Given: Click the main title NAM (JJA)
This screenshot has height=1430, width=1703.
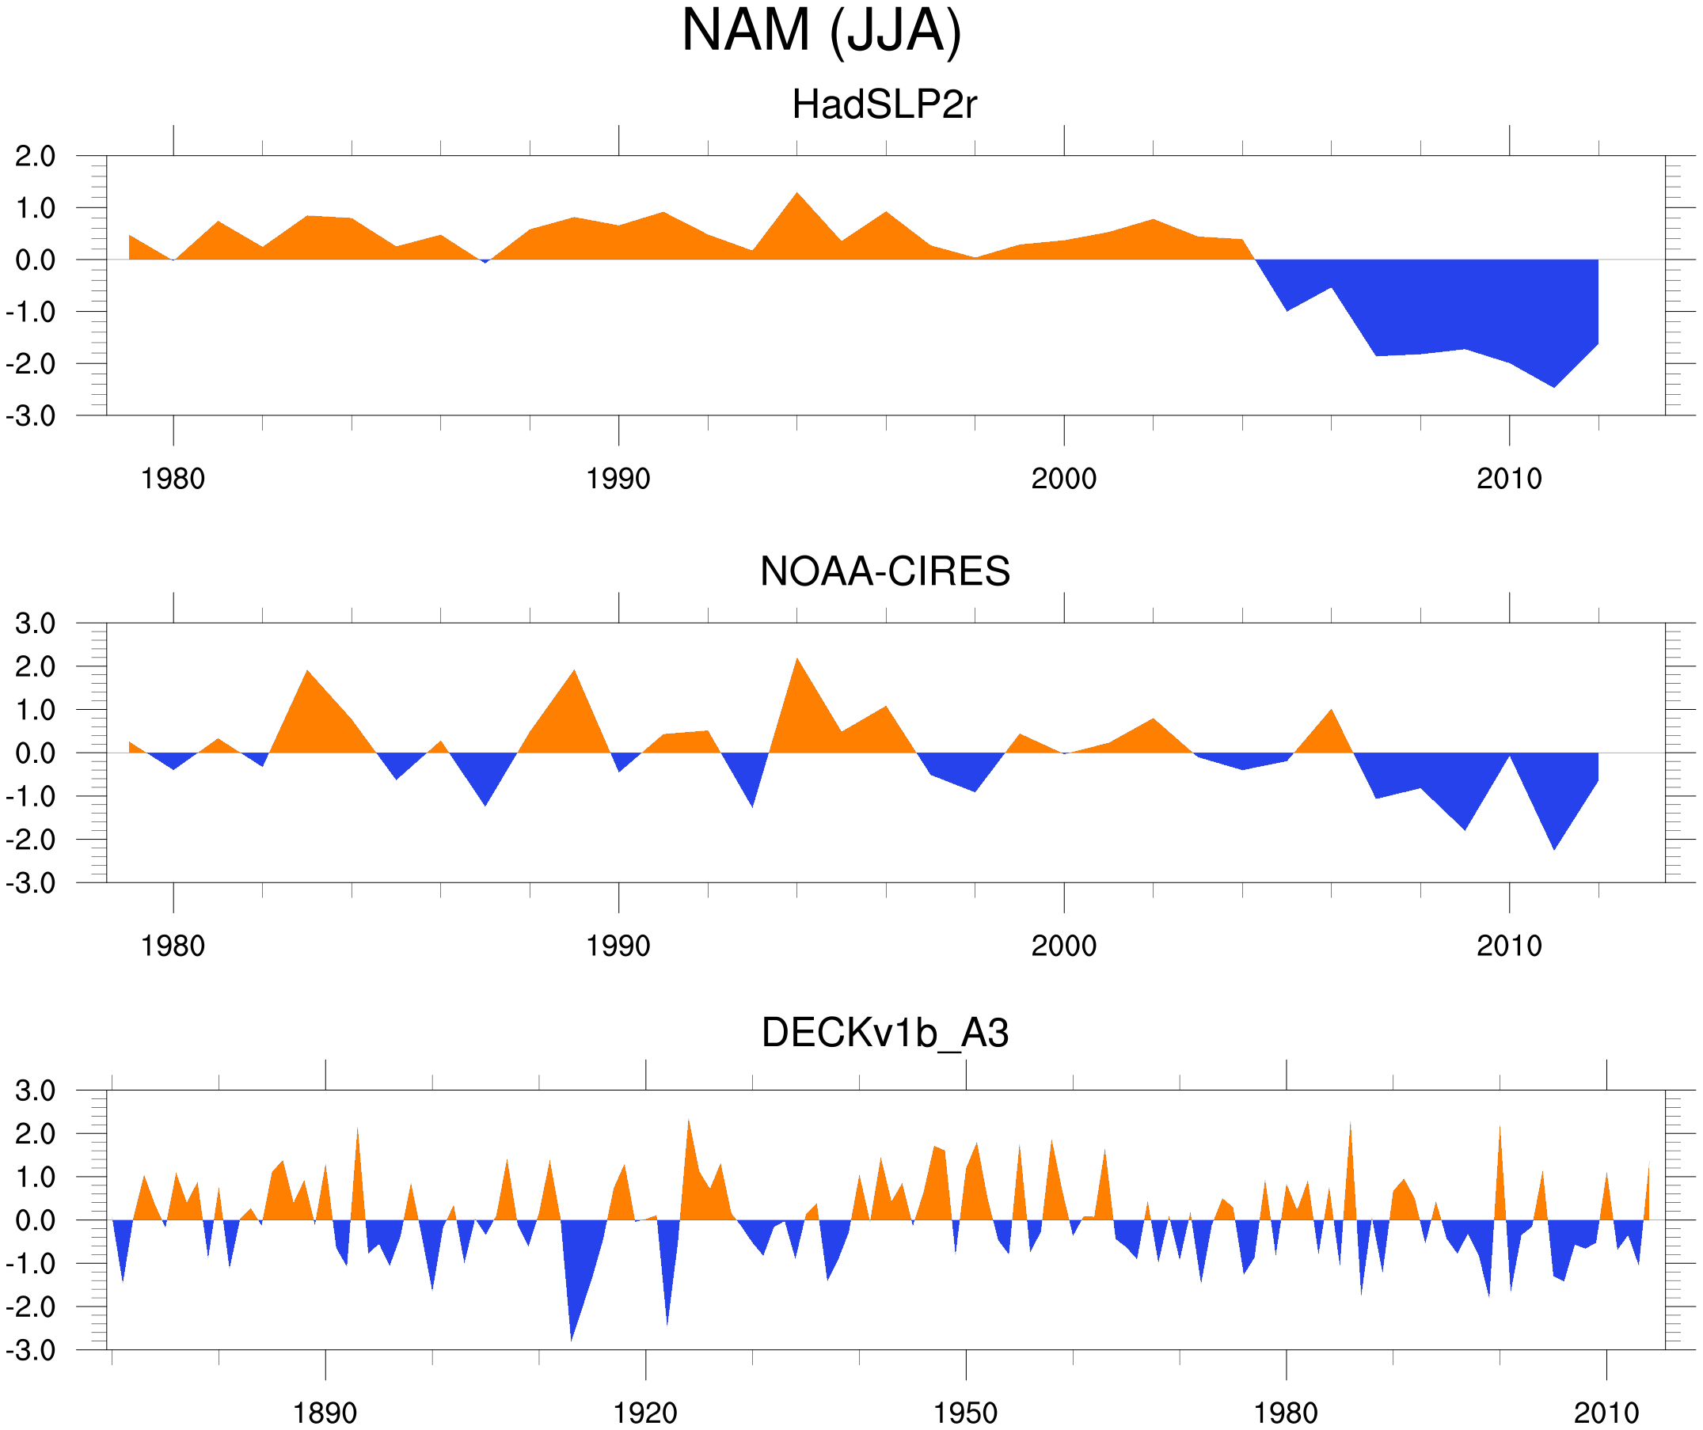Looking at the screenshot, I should click(821, 31).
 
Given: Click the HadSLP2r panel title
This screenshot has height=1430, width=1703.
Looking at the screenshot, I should click(884, 104).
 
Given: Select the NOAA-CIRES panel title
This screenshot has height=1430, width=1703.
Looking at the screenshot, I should click(884, 571).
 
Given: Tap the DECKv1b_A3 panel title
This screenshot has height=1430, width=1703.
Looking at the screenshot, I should click(884, 1033).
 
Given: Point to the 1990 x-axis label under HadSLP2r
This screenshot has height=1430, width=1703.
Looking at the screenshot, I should click(618, 479).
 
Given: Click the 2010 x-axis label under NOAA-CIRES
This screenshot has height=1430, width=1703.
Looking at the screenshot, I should click(1508, 946).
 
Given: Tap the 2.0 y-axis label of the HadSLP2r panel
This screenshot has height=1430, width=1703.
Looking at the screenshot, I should click(35, 156).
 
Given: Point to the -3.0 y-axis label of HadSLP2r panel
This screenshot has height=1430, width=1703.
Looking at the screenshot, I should click(31, 416).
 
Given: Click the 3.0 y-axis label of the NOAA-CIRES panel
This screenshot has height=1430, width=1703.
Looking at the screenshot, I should click(35, 624).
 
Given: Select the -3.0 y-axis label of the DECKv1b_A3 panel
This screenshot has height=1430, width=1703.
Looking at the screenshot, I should click(31, 1351).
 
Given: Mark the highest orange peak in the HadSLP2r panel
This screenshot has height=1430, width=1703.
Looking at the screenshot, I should click(797, 195).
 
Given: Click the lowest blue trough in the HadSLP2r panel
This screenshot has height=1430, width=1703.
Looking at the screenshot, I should click(1554, 386).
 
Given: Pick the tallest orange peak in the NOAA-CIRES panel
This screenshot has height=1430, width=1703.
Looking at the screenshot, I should click(797, 660).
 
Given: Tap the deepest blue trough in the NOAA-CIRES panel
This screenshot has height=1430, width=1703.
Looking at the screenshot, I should click(1554, 848).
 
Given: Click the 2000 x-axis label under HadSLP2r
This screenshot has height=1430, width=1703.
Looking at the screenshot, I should click(1063, 479).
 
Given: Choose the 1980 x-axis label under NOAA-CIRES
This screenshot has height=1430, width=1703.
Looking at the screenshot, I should click(173, 946).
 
